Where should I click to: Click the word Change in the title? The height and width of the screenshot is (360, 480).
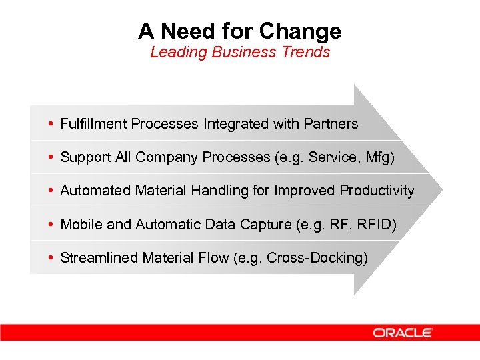tap(300, 31)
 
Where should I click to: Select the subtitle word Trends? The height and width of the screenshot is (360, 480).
tap(304, 52)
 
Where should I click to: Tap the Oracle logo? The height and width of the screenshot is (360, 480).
tap(403, 332)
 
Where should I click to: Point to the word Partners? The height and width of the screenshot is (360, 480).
tap(331, 124)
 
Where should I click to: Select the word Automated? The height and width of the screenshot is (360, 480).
tap(95, 191)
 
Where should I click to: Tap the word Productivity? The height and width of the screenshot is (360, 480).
tap(377, 191)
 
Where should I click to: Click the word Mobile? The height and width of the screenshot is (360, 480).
tap(81, 225)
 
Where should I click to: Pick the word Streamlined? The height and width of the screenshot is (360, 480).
tap(97, 258)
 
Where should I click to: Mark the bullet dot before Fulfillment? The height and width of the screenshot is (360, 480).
tap(51, 124)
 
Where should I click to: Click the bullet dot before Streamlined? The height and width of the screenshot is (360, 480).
tap(51, 258)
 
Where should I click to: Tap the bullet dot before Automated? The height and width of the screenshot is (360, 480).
tap(51, 191)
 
